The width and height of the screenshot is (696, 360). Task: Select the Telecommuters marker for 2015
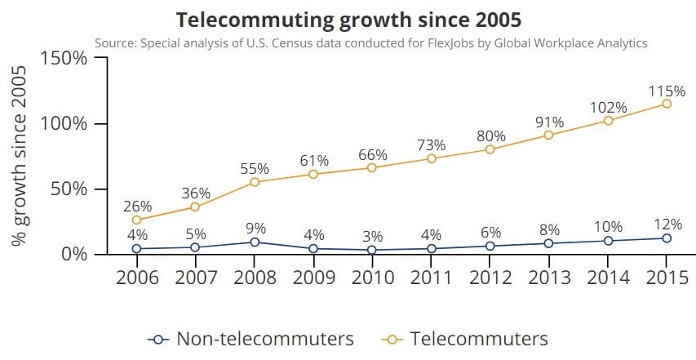[x=667, y=104]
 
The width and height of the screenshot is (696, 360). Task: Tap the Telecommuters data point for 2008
[x=254, y=181]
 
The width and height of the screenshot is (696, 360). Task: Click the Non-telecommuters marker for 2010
[x=372, y=250]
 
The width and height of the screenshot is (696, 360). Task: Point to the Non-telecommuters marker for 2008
[x=254, y=242]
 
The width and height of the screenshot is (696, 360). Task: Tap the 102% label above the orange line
[x=608, y=107]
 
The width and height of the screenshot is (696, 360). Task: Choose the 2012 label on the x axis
[x=490, y=278]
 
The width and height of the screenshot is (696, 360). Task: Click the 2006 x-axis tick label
[x=136, y=278]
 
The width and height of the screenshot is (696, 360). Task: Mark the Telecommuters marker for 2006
[x=136, y=220]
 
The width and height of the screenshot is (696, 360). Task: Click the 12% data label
[x=667, y=224]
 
